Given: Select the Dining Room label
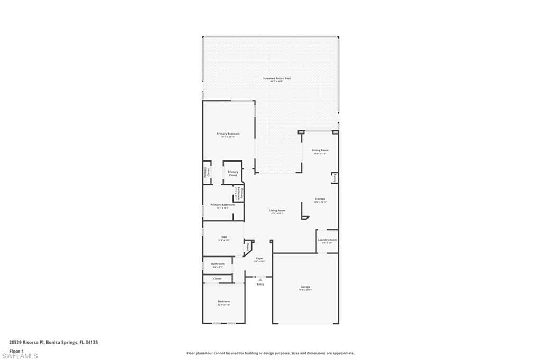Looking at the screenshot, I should point(320,150).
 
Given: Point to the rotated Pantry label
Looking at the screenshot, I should point(335,179).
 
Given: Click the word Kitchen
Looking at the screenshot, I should point(320,199).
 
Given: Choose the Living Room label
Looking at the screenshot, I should point(277,211).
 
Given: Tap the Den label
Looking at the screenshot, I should point(224,237).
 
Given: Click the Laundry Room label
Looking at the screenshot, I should point(327,240).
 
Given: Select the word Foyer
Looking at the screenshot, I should point(259,258).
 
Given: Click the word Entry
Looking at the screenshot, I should point(260,285).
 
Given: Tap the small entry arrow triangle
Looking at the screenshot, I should point(260,280).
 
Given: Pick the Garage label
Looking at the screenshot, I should point(305,287).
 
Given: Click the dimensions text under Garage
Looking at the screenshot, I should point(305,290).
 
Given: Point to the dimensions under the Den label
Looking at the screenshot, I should point(224,240).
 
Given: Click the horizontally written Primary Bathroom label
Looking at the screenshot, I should point(222,205).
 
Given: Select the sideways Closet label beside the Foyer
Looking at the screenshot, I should point(247,246).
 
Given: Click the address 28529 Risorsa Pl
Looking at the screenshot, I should point(26,343).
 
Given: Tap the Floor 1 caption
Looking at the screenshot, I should point(17,350).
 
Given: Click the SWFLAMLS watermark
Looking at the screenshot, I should point(20,356).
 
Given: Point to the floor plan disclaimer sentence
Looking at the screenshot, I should point(270,353).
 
